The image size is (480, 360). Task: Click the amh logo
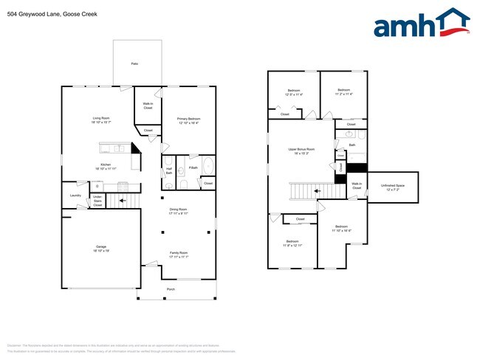point(421,24)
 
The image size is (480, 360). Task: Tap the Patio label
point(134,64)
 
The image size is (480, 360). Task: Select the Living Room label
point(101,120)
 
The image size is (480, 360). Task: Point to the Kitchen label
point(106,166)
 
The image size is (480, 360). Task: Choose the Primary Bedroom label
point(188,120)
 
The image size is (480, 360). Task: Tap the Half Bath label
point(169,171)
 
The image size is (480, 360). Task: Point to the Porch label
point(171,289)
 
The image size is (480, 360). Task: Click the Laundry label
point(75,195)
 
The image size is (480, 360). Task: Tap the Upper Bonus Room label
point(301,151)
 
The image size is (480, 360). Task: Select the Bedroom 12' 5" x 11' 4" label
point(293,92)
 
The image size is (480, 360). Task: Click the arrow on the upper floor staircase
point(318,191)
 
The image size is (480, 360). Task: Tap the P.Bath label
point(193,168)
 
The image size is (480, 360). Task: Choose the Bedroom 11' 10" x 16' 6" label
point(341,228)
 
